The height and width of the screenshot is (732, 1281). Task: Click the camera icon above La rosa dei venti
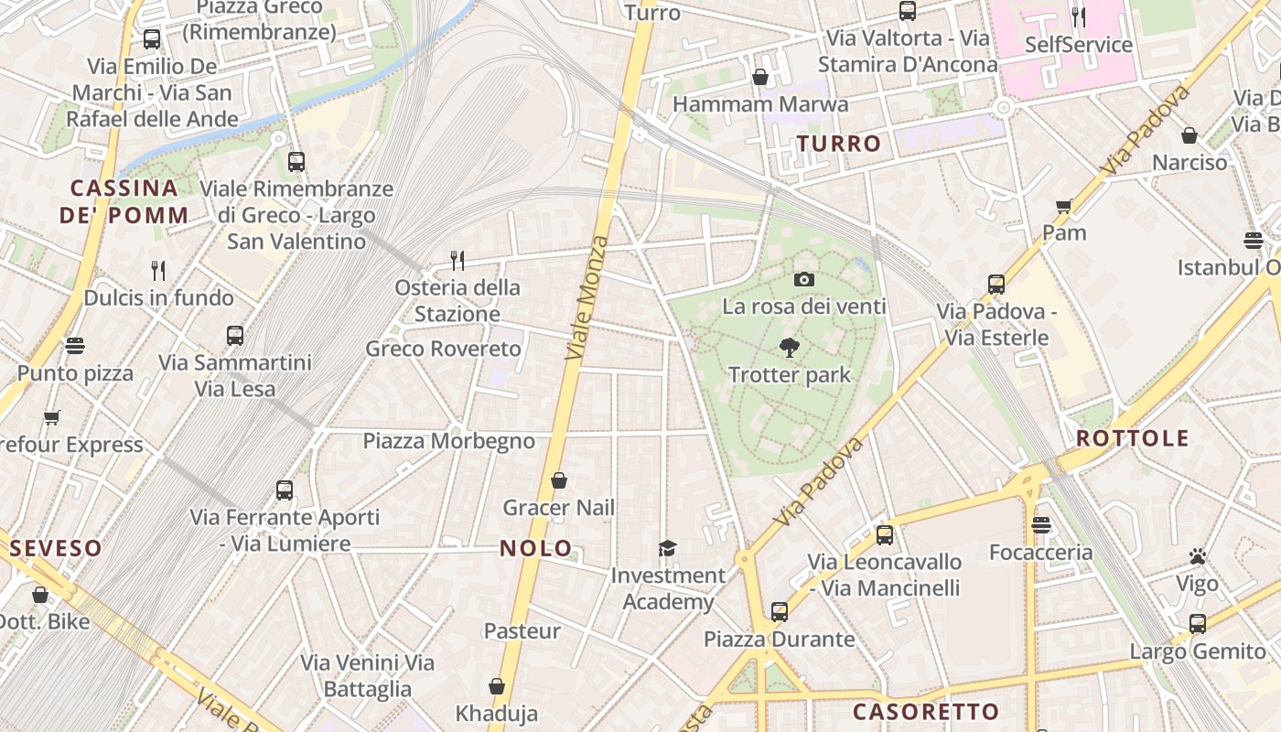click(804, 280)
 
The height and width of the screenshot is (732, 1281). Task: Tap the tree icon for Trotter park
click(789, 348)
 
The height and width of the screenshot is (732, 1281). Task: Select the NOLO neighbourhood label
click(536, 549)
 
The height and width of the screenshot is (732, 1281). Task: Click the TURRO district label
click(839, 144)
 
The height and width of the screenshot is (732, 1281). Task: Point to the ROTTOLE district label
click(1132, 438)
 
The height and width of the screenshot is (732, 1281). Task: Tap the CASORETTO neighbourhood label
click(926, 712)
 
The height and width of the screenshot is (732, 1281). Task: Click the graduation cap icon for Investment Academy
click(668, 549)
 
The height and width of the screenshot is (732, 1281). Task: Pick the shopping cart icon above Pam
click(1063, 206)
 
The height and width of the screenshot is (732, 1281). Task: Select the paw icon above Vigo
click(1197, 556)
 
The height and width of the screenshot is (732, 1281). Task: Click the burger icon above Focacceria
click(1041, 525)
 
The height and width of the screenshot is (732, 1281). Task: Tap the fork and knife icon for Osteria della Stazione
click(457, 261)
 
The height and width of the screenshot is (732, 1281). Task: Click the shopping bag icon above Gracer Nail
click(559, 480)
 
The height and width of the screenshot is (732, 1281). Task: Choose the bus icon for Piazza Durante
click(780, 611)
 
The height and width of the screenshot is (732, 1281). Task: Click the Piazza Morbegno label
click(448, 441)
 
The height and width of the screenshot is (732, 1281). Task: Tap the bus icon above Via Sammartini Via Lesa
click(235, 336)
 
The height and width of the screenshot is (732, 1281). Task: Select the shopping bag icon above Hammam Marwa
click(759, 77)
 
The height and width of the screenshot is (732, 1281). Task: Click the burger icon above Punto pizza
click(75, 346)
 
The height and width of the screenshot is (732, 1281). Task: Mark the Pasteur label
click(522, 631)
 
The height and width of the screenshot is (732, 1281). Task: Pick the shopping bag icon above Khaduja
click(497, 686)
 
